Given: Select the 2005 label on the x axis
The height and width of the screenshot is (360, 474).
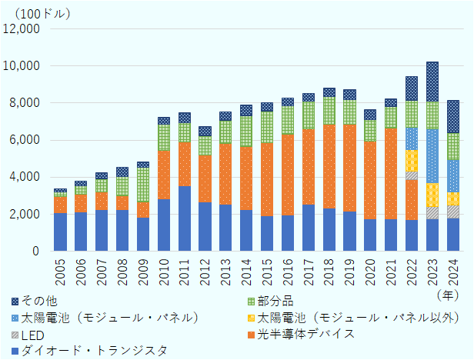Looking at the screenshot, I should pyautogui.click(x=60, y=268).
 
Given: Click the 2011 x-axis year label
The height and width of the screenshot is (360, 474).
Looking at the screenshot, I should pyautogui.click(x=185, y=268).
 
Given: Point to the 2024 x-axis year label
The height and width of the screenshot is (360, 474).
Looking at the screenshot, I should pyautogui.click(x=454, y=268).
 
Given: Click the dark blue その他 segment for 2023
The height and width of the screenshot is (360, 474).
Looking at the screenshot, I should pyautogui.click(x=433, y=82).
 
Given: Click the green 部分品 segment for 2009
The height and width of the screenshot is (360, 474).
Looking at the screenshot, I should pyautogui.click(x=143, y=185).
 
